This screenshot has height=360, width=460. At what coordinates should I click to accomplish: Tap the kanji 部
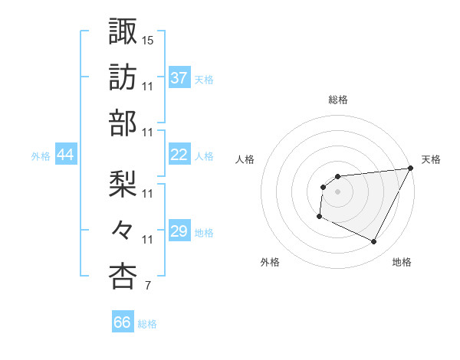123,123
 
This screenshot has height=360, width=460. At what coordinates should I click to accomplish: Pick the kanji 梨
123,183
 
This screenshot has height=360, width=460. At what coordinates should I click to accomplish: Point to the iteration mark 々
123,230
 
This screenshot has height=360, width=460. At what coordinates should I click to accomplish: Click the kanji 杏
123,277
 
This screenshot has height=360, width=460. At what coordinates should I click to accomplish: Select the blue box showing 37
179,77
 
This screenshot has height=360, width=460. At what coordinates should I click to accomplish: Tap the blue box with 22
179,155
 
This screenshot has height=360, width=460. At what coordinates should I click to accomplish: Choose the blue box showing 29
179,231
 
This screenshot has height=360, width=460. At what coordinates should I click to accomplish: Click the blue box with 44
66,155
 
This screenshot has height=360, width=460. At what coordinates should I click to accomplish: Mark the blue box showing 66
123,322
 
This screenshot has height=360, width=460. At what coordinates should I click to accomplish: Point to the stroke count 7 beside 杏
147,286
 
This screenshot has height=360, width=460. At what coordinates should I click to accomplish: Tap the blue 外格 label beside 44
41,155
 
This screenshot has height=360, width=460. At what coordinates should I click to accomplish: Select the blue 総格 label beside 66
147,323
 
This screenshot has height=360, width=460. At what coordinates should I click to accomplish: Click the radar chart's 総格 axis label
338,100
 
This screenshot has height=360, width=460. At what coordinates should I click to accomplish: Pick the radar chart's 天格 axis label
431,159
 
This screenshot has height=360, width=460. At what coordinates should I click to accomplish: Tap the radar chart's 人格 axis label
245,159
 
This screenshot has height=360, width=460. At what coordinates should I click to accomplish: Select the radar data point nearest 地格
374,242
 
